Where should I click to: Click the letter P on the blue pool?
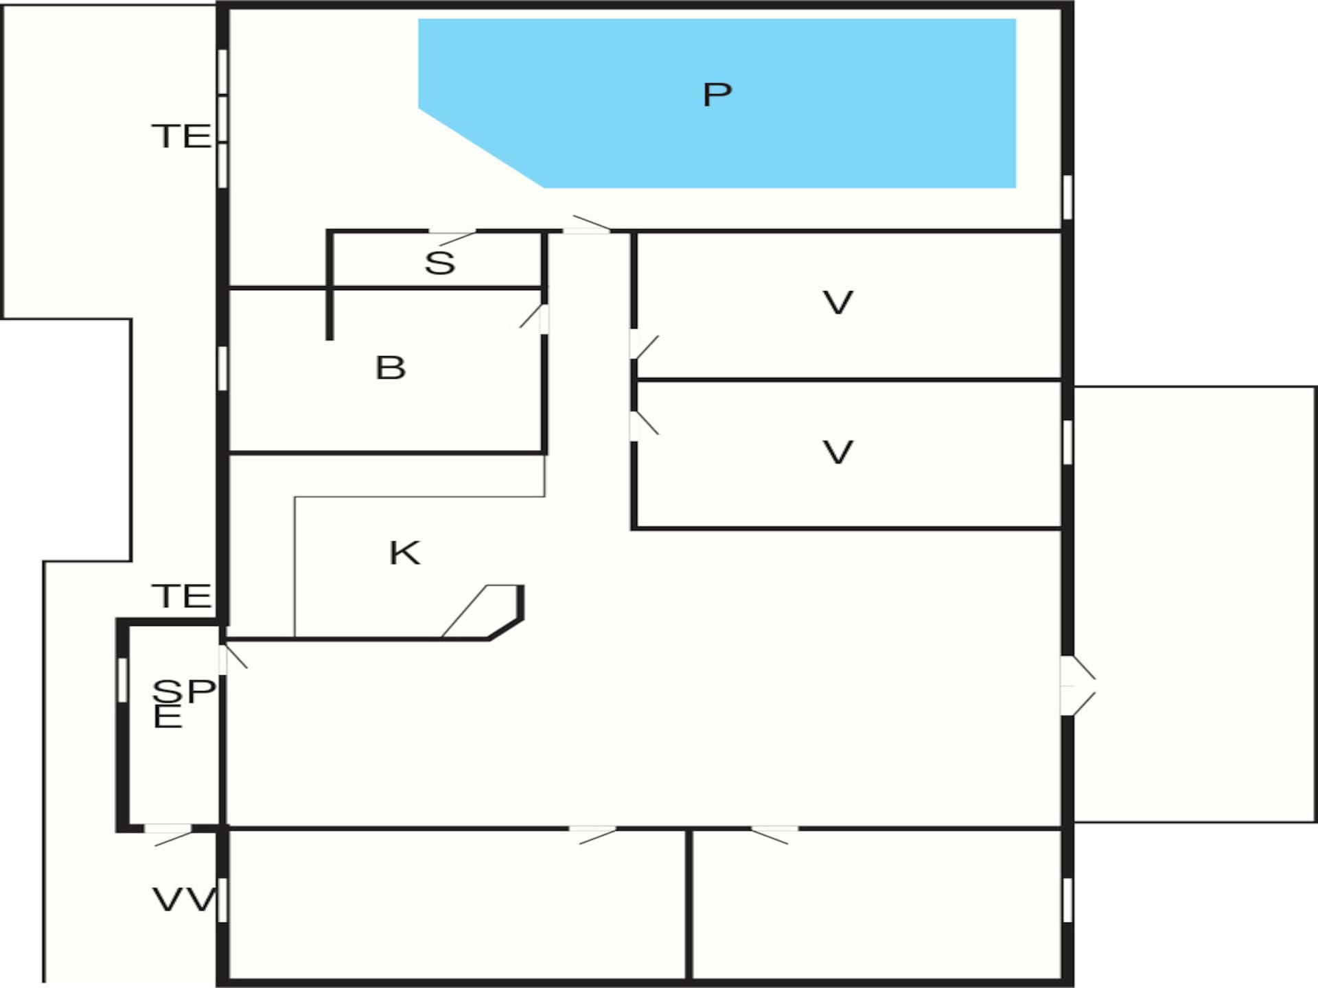(717, 94)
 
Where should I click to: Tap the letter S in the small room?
(439, 263)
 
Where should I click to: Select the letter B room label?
(391, 368)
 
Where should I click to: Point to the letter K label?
(404, 552)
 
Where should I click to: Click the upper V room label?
(837, 303)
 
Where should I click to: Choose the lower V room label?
(837, 453)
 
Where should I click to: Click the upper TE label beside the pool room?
(181, 136)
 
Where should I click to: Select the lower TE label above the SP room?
(181, 596)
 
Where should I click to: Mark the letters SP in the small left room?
(184, 691)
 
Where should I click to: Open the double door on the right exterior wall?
(1077, 685)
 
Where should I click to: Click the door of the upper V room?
(644, 345)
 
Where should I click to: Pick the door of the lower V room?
(644, 425)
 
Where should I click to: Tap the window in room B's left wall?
(222, 368)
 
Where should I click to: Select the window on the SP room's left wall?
(122, 680)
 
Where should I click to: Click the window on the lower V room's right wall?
(1067, 443)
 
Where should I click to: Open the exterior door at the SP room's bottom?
(168, 836)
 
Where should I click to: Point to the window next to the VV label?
(222, 899)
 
